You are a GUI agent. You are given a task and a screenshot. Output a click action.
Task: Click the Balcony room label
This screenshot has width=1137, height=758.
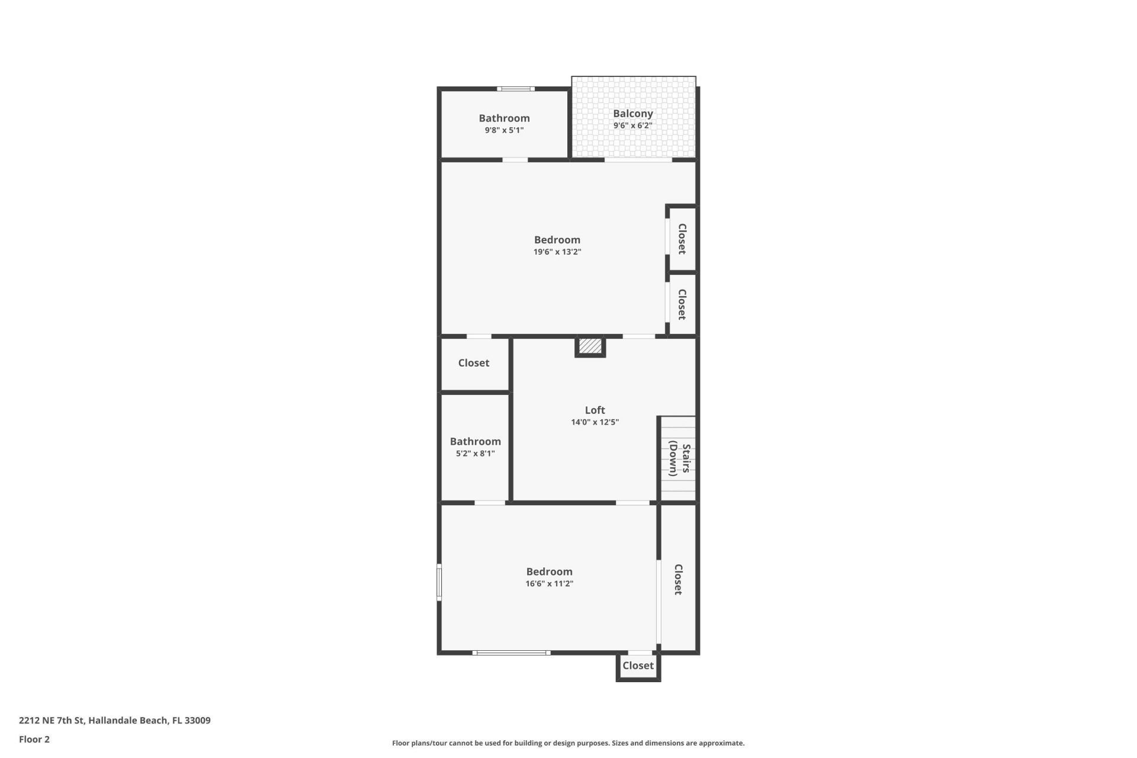[632, 114]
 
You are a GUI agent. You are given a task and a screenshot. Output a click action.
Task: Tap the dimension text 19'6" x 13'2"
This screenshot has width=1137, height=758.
[557, 252]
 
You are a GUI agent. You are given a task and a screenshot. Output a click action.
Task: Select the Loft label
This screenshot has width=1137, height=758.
[595, 410]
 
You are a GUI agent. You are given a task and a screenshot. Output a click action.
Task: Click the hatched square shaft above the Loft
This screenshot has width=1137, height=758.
[590, 346]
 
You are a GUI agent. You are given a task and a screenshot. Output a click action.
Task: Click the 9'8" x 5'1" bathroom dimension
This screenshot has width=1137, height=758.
[504, 130]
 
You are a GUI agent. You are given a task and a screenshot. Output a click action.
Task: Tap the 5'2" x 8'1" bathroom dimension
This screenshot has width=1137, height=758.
[475, 454]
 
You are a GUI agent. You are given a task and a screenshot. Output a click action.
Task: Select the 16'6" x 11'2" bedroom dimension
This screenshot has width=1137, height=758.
[549, 584]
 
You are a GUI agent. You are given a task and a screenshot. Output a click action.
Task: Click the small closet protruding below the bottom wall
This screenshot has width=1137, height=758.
[638, 666]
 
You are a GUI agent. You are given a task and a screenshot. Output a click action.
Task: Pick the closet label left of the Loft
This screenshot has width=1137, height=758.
[473, 363]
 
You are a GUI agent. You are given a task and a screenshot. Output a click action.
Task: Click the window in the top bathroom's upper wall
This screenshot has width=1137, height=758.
[515, 89]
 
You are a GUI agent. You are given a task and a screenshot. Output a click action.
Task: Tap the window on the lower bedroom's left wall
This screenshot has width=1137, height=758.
[439, 582]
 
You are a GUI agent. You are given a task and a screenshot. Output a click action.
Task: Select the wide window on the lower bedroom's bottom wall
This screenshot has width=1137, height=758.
[511, 653]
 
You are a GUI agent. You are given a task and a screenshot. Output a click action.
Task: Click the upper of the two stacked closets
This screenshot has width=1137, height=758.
[682, 239]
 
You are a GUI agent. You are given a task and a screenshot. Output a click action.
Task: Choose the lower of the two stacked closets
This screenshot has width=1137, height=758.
[682, 304]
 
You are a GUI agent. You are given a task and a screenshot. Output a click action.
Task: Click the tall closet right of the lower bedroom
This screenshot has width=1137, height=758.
[678, 579]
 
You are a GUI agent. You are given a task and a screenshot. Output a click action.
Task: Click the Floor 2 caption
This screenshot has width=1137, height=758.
[34, 739]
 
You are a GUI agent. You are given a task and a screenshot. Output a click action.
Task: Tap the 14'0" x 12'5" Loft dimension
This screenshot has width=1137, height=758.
[595, 422]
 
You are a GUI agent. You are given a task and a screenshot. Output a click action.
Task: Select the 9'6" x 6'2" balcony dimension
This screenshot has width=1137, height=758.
[632, 126]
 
